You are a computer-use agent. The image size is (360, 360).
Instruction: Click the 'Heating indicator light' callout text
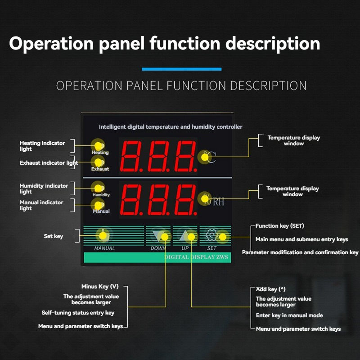(x=42, y=146)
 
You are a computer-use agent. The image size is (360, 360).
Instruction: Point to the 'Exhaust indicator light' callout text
(x=49, y=163)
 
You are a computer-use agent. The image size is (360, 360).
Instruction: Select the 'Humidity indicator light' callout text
(x=44, y=189)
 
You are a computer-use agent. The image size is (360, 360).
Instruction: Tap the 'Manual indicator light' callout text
(x=41, y=205)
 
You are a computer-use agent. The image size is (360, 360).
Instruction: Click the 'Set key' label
(x=53, y=236)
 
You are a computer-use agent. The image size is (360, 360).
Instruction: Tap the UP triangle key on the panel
(x=186, y=236)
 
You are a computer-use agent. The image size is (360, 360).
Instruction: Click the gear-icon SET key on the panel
(x=211, y=235)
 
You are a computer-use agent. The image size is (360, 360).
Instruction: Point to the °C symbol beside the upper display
(x=209, y=157)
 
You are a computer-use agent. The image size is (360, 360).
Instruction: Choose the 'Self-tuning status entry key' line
(x=78, y=313)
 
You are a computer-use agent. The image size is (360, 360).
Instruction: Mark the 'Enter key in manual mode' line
(x=289, y=315)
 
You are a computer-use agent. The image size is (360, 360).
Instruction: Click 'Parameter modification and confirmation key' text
(x=300, y=252)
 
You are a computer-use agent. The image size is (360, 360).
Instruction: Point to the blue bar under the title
(x=181, y=69)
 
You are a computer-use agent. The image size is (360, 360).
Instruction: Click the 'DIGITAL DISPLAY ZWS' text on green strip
(x=196, y=257)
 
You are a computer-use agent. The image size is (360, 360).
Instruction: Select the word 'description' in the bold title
(x=272, y=44)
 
